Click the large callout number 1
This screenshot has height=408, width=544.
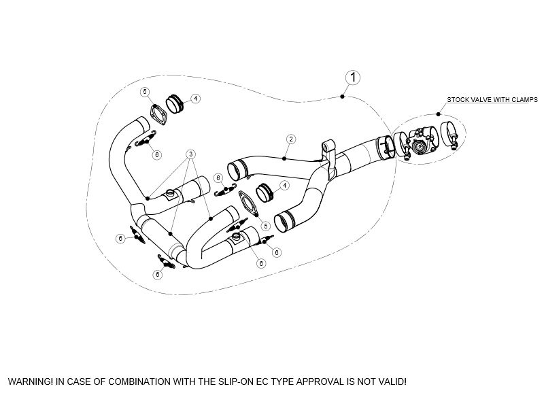pyautogui.click(x=352, y=77)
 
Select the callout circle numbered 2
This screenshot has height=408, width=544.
pyautogui.click(x=290, y=139)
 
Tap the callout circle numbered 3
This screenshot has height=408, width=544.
pyautogui.click(x=192, y=154)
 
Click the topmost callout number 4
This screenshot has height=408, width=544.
pyautogui.click(x=195, y=99)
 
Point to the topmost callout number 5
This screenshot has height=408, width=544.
pyautogui.click(x=144, y=91)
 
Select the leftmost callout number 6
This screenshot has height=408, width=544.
pyautogui.click(x=120, y=239)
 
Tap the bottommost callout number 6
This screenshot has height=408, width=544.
pyautogui.click(x=157, y=275)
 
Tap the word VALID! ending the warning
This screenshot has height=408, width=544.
pyautogui.click(x=392, y=381)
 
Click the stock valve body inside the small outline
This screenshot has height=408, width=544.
pyautogui.click(x=420, y=144)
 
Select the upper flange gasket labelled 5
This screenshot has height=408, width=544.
pyautogui.click(x=158, y=114)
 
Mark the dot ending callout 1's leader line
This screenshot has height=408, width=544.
pyautogui.click(x=342, y=98)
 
